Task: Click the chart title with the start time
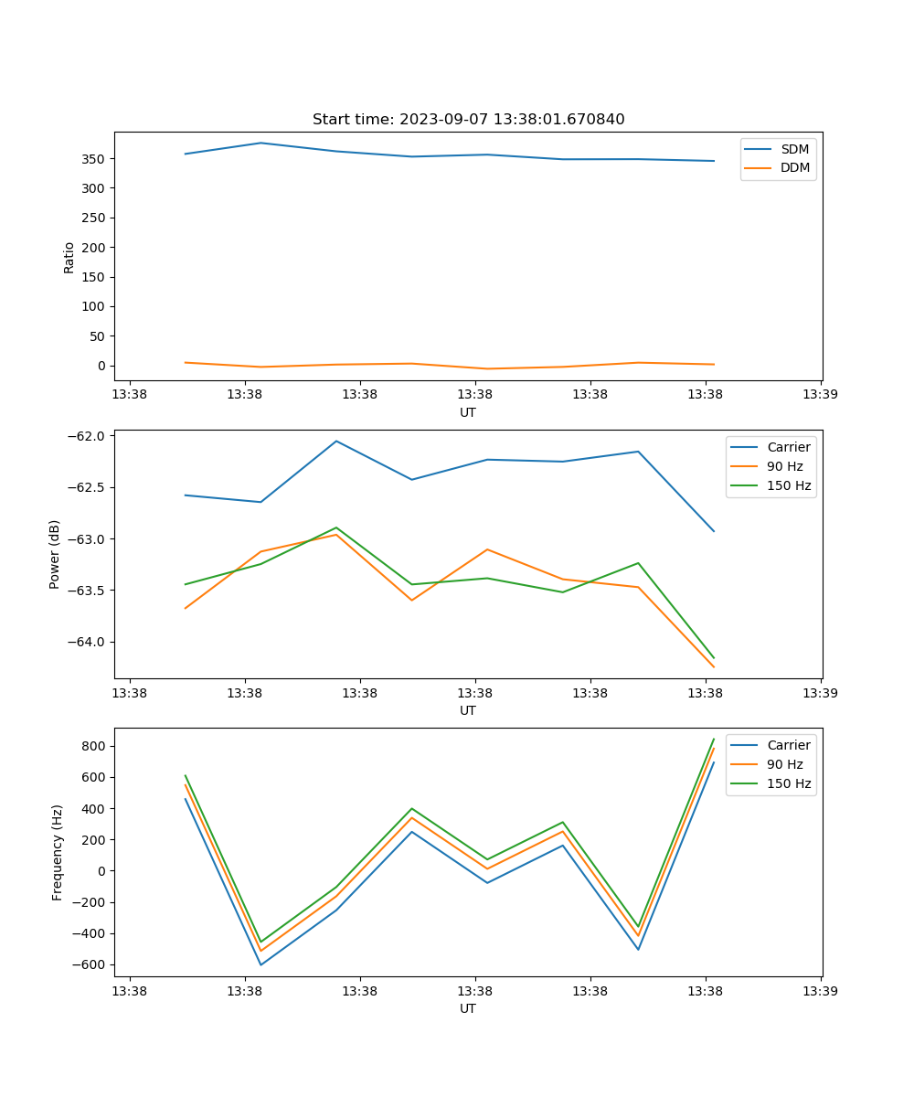point(468,120)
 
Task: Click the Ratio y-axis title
point(69,257)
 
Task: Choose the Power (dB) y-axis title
point(55,554)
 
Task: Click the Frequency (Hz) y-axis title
point(58,852)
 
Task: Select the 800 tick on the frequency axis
point(93,746)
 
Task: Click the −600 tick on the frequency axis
point(90,964)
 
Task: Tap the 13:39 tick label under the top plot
point(820,395)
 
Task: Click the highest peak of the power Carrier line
point(336,441)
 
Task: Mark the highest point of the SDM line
point(260,143)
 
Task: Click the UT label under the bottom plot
point(468,1008)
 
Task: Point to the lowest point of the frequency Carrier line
point(260,964)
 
